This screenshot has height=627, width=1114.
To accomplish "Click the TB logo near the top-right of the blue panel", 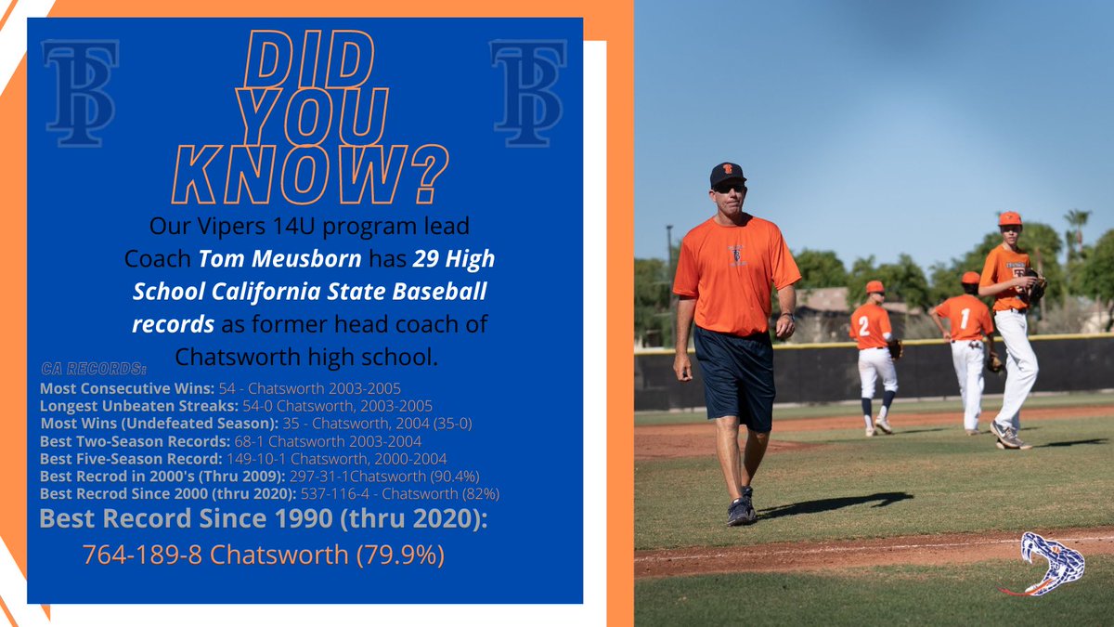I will pos(527,93).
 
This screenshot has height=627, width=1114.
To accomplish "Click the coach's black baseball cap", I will pos(726,174).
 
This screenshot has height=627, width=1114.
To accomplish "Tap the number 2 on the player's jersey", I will pos(863,326).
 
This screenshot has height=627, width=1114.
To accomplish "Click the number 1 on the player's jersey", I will pos(964,319).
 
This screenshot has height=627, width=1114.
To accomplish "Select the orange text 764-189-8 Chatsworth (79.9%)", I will pos(264,555).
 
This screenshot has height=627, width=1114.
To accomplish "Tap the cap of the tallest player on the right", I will pos(1009,218).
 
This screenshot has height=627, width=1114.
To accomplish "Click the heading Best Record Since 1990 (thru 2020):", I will pos(263,518).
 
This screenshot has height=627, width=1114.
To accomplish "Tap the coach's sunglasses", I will pos(730,188).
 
